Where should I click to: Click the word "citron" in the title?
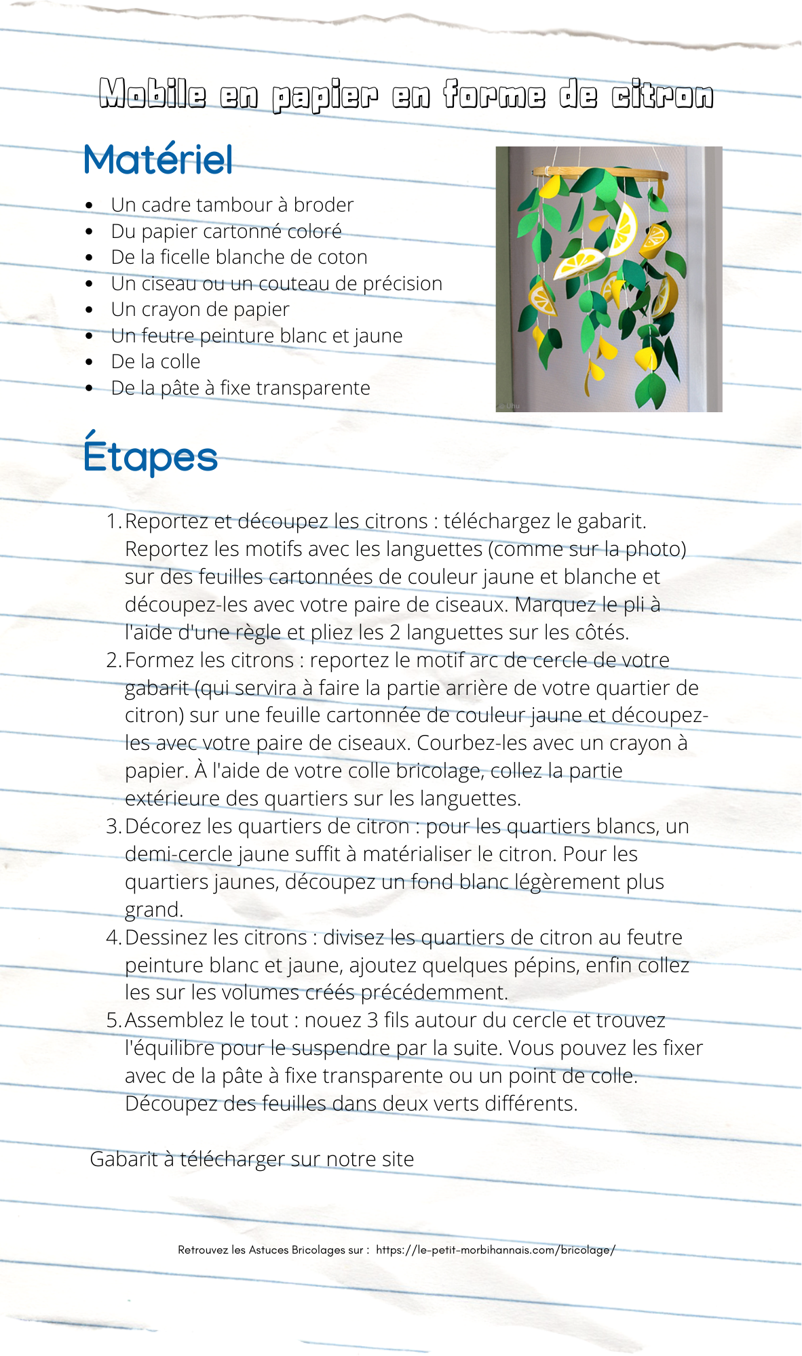[662, 95]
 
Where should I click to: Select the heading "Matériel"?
[158, 160]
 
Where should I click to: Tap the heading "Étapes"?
[151, 456]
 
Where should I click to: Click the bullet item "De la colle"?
[155, 361]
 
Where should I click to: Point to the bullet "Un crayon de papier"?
[200, 309]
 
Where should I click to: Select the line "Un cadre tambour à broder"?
[232, 205]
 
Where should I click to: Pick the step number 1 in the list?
[113, 521]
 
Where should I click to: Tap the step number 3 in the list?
[113, 826]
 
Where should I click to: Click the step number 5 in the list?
[113, 1020]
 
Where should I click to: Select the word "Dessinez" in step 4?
[166, 938]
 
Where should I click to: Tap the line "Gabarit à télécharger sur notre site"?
[252, 1159]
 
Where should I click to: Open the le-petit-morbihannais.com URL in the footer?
[495, 1250]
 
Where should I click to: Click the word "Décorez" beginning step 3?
[164, 826]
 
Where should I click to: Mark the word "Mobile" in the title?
[152, 95]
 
